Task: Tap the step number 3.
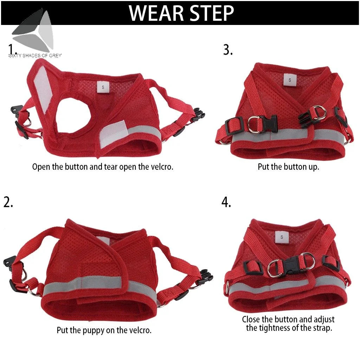[x=227, y=50]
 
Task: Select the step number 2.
[x=8, y=202]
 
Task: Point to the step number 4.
[x=226, y=202]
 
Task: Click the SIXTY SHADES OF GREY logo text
[x=35, y=56]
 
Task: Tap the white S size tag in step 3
[x=290, y=80]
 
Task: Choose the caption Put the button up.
[x=288, y=167]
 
